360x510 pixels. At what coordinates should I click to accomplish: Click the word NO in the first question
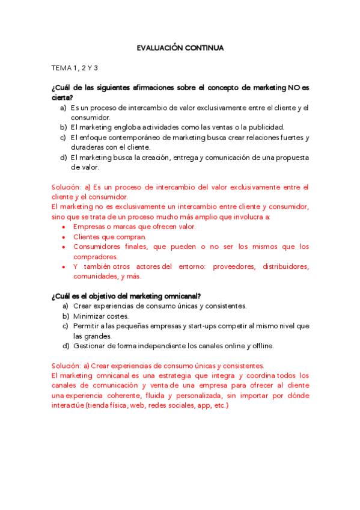click(x=294, y=87)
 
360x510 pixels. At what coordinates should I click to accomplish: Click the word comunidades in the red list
click(x=97, y=276)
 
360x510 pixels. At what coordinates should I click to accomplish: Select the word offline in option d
click(x=259, y=346)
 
